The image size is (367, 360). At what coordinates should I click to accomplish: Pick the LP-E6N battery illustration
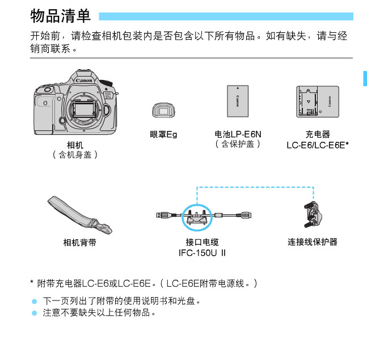[238, 102]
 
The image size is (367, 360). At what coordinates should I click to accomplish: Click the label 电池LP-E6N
[238, 134]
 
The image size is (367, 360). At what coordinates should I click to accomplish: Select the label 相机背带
[79, 242]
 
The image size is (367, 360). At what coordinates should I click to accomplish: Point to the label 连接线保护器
[313, 242]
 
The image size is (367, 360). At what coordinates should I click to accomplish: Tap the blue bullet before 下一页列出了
[33, 300]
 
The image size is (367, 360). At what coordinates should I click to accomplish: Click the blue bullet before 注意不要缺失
[33, 312]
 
